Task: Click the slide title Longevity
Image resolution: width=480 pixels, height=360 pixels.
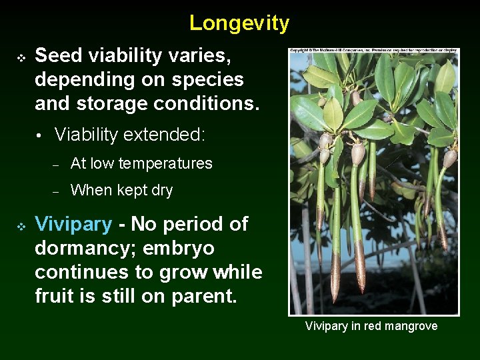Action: coord(239,23)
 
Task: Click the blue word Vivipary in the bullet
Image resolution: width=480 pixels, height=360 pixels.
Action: coord(73,224)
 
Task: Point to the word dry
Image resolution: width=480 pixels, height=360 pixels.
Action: coord(161,191)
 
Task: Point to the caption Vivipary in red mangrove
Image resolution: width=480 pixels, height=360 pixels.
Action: coord(371,326)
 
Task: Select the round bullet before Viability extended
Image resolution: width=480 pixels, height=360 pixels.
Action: coord(40,136)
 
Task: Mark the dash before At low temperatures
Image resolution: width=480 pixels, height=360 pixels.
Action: coord(57,164)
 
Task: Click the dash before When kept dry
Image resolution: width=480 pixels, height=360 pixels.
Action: coord(57,191)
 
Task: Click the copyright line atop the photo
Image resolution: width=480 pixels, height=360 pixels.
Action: coord(373,51)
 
